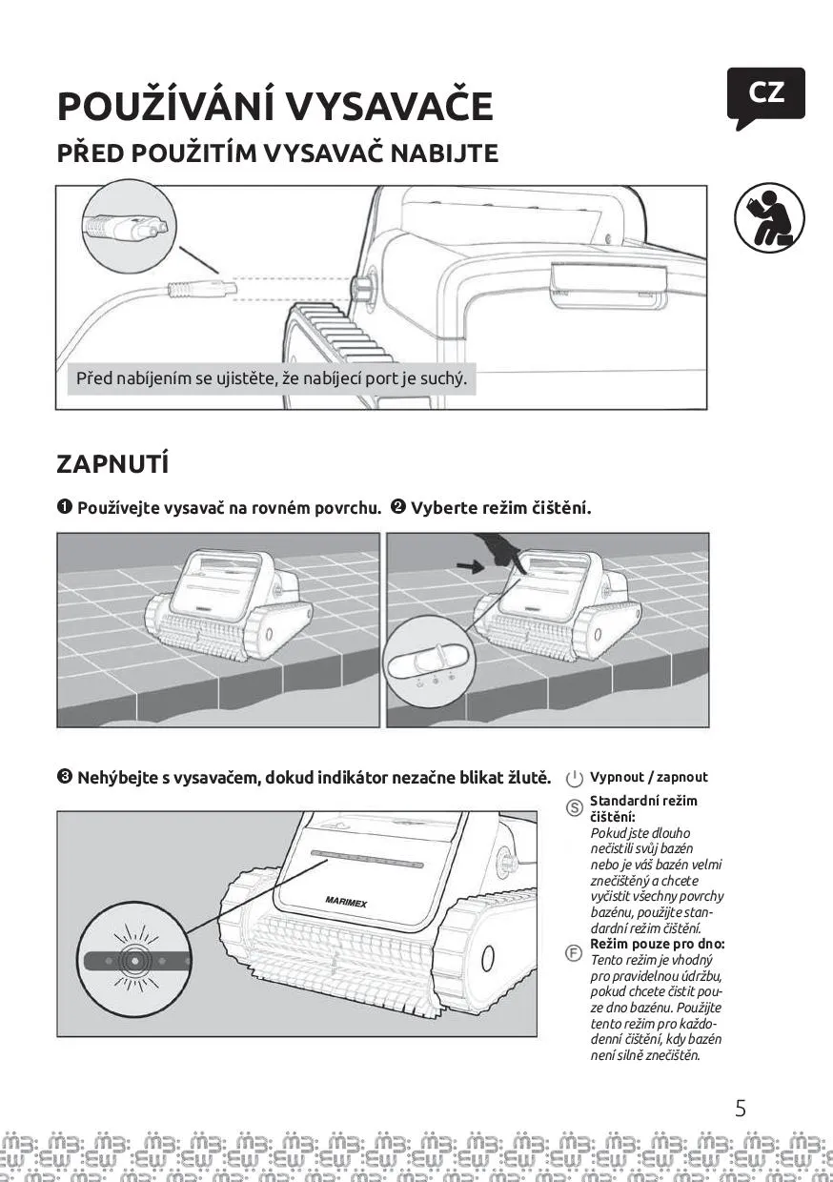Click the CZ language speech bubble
765,94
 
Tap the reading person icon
768,217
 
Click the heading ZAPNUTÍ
112,464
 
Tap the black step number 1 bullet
65,507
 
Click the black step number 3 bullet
65,777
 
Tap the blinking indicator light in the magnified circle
133,959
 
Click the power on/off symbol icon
575,779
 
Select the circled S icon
575,808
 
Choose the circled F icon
575,952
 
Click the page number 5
741,1109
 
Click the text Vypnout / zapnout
649,777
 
